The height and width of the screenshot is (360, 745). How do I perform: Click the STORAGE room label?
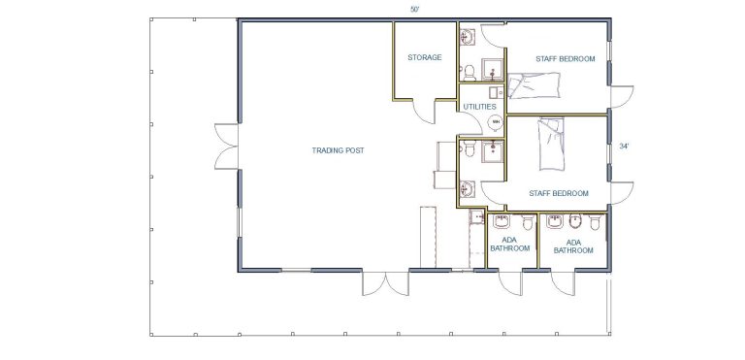pos(424,57)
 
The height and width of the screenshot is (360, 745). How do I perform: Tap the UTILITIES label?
pos(480,107)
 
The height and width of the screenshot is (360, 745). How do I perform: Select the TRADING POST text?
pos(338,150)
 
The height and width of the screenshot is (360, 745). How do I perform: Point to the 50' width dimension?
pos(415,10)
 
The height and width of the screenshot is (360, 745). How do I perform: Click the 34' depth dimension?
pos(624,147)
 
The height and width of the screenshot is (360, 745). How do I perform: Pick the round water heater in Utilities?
pos(496,122)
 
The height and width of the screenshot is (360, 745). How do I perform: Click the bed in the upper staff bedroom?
pos(534,85)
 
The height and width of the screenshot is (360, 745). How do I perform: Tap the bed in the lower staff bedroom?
pos(551,144)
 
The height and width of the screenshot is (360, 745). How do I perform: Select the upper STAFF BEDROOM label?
pos(566,59)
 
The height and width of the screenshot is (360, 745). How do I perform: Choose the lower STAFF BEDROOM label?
pos(559,193)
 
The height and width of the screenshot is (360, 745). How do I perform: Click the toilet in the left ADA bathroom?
pos(528,222)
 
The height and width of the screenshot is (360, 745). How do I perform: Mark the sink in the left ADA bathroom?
pos(502,221)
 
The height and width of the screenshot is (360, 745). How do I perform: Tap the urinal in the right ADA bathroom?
pos(575,221)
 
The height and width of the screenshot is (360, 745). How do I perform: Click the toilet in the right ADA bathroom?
pos(595,222)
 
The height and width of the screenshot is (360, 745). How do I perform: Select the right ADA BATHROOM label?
pos(573,246)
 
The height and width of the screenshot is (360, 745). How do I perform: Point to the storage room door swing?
pos(423,113)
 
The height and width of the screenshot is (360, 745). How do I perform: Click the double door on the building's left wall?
pos(226,147)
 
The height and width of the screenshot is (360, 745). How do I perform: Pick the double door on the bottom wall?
pos(385,283)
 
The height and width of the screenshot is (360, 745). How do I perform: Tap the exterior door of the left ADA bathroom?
pos(510,283)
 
